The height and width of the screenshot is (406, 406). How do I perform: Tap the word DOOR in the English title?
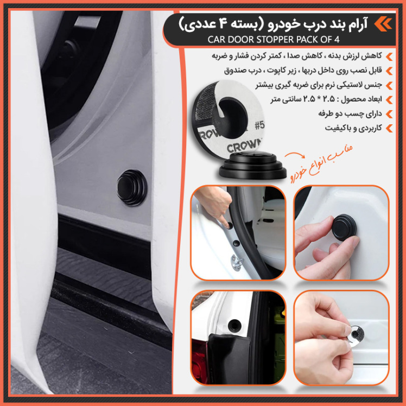point(242,40)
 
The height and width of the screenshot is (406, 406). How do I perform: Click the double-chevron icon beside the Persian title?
point(383,24)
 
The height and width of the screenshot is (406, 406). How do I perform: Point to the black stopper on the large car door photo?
point(131,187)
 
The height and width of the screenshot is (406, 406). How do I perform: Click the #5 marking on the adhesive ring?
point(259,125)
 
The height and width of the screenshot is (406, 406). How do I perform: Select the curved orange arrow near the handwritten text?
point(295,155)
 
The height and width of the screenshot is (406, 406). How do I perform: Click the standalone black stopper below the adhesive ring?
point(252,165)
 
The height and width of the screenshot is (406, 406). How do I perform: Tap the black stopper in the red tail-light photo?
point(234,325)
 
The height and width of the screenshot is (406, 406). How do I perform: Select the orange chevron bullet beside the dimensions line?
point(389,100)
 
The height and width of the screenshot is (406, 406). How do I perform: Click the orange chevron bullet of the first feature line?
point(389,56)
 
